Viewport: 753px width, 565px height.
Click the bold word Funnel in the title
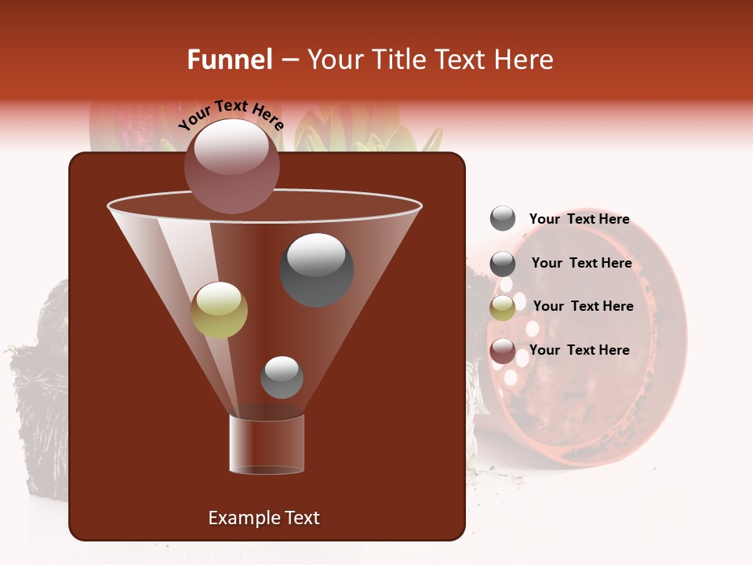229,60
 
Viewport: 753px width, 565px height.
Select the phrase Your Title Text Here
430,60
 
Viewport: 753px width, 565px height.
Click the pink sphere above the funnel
231,166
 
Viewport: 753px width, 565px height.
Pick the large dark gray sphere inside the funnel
317,270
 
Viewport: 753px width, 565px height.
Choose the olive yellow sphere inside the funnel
220,310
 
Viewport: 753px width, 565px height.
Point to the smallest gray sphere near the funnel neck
282,377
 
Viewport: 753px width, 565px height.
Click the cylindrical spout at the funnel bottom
266,444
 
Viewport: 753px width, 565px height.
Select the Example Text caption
264,518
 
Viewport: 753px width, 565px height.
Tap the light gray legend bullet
503,219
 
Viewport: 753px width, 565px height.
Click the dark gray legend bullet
503,264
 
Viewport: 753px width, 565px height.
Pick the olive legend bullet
503,308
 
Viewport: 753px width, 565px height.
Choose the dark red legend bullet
503,352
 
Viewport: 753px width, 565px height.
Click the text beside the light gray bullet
580,220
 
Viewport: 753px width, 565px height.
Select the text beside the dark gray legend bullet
581,264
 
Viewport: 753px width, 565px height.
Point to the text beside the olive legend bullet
584,306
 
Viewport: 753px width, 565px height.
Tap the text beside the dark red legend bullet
580,350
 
